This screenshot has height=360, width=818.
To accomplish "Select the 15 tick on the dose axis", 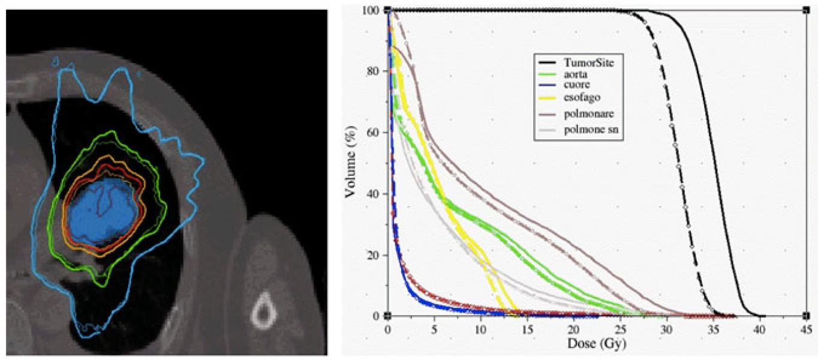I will [x=527, y=329].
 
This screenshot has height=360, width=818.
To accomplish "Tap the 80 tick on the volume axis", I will [x=375, y=71].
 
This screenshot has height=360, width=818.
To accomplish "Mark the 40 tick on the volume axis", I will [x=375, y=194].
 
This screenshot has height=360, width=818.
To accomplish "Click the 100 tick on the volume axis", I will [x=372, y=10].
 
